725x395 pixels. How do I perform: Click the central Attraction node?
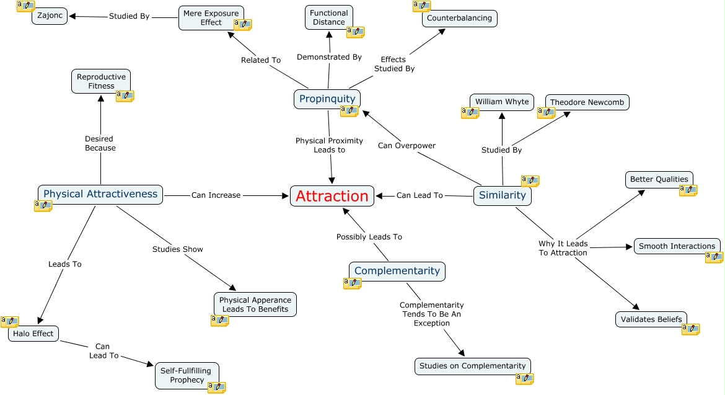pyautogui.click(x=332, y=196)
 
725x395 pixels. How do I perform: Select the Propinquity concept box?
pyautogui.click(x=327, y=99)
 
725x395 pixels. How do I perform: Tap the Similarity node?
pyautogui.click(x=503, y=195)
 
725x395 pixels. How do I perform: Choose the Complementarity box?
pyautogui.click(x=397, y=271)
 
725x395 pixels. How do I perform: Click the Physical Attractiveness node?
pyautogui.click(x=100, y=194)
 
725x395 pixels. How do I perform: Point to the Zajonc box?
pyautogui.click(x=50, y=16)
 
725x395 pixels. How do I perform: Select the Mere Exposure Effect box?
pyautogui.click(x=211, y=18)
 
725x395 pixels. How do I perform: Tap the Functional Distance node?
pyautogui.click(x=329, y=17)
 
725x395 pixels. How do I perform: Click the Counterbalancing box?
pyautogui.click(x=459, y=18)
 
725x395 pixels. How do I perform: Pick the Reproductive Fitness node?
pyautogui.click(x=101, y=81)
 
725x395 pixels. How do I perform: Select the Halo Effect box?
pyautogui.click(x=33, y=334)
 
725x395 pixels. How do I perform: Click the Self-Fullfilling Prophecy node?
pyautogui.click(x=187, y=375)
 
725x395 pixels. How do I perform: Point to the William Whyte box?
pyautogui.click(x=502, y=102)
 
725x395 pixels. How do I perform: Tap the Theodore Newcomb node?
pyautogui.click(x=587, y=102)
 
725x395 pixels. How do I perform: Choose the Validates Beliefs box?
pyautogui.click(x=651, y=319)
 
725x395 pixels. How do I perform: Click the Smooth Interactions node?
pyautogui.click(x=677, y=246)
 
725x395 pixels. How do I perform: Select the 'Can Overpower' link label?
pyautogui.click(x=406, y=146)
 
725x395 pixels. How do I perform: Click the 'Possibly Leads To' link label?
pyautogui.click(x=369, y=237)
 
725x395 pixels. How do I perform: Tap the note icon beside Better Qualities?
pyautogui.click(x=688, y=190)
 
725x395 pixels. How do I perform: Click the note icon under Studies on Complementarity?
pyautogui.click(x=524, y=378)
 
